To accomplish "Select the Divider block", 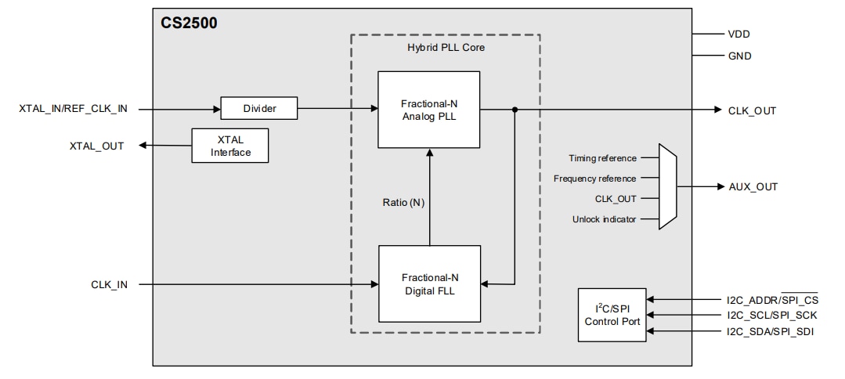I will pyautogui.click(x=258, y=109).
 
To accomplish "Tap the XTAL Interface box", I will pyautogui.click(x=230, y=146).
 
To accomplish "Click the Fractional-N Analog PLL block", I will pyautogui.click(x=428, y=110).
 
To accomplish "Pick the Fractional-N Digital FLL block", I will pyautogui.click(x=429, y=284).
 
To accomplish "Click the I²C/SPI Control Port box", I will pyautogui.click(x=612, y=315).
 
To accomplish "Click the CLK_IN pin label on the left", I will pyautogui.click(x=109, y=284).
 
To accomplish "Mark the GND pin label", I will pyautogui.click(x=740, y=56).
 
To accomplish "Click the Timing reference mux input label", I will pyautogui.click(x=601, y=159).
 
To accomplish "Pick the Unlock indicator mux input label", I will pyautogui.click(x=605, y=218).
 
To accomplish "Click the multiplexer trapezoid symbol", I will pyautogui.click(x=667, y=186).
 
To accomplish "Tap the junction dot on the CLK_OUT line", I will pyautogui.click(x=515, y=110).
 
